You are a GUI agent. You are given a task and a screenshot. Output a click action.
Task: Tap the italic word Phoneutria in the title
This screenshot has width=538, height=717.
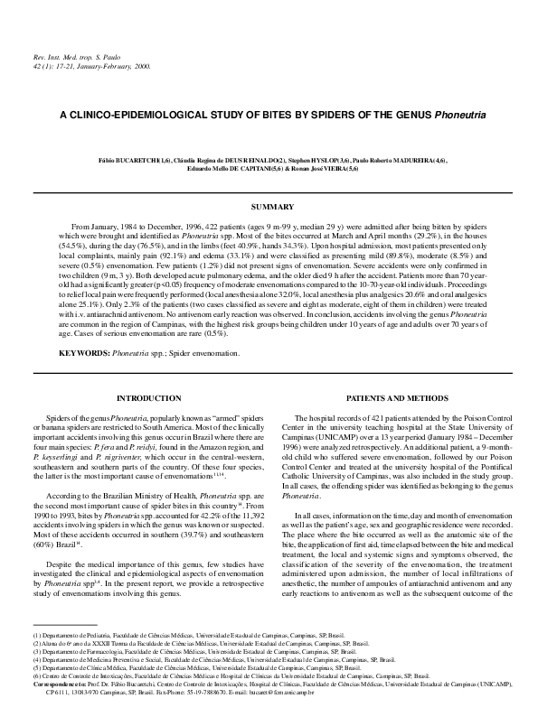(x=458, y=116)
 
